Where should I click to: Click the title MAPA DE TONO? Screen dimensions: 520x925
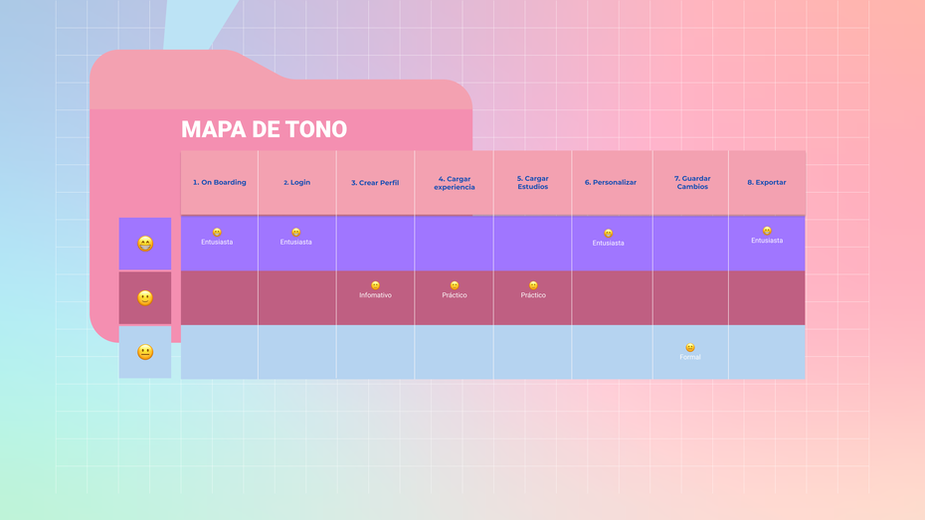264,129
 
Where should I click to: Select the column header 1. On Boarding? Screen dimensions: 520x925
219,183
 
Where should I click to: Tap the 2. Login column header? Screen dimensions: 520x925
296,183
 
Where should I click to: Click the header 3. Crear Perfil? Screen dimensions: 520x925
375,183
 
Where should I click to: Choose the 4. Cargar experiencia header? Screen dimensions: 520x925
455,183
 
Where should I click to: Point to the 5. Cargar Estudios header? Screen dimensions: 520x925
533,183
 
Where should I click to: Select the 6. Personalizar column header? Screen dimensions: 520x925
611,183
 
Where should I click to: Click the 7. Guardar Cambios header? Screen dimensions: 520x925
692,183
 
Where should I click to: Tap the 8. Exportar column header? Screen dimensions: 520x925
767,183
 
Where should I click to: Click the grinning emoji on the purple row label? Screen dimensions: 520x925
145,244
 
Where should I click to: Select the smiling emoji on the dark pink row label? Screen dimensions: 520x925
145,297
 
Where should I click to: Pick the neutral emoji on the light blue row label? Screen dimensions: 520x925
145,352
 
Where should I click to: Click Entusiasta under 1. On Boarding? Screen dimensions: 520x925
217,242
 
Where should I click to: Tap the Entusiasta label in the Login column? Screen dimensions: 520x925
295,242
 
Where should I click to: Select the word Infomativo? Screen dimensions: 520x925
375,295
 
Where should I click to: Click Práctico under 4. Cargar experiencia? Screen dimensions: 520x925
455,295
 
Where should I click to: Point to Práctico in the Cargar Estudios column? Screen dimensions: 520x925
533,295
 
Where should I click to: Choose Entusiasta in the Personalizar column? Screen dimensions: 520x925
608,243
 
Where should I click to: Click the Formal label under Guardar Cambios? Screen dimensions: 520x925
690,357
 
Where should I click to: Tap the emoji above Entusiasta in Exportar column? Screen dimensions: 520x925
767,231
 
